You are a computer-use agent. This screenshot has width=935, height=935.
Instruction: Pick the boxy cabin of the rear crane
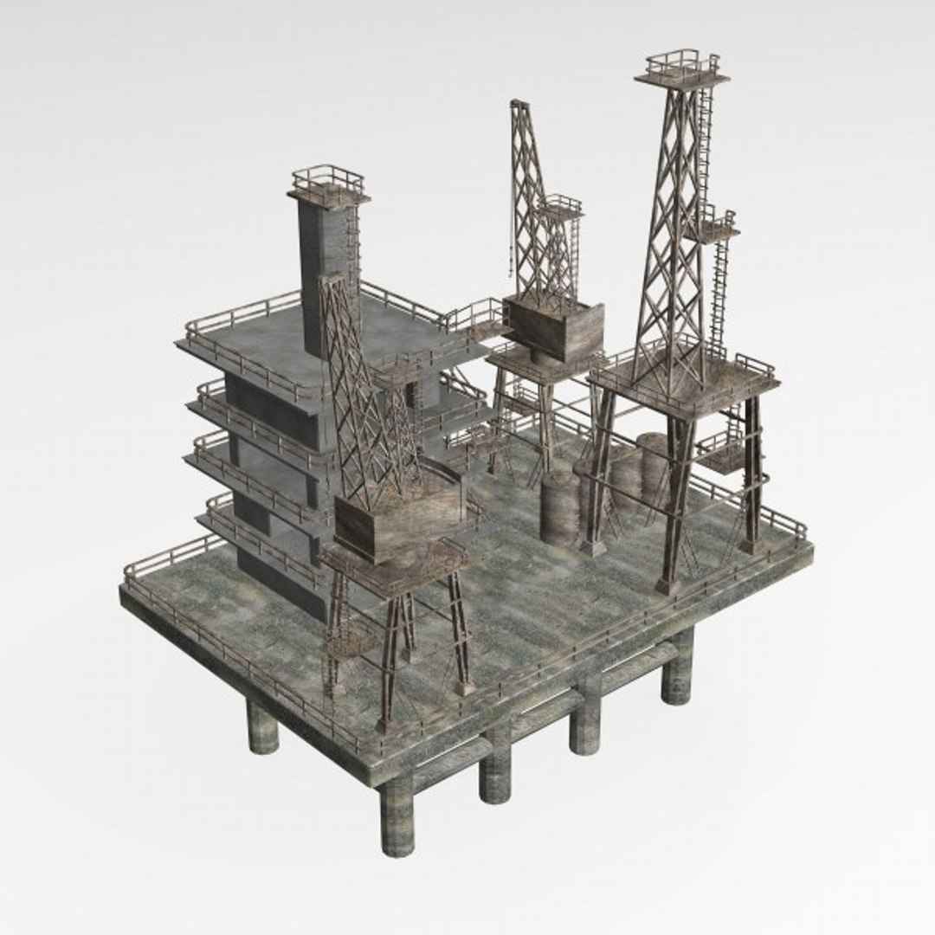point(555,327)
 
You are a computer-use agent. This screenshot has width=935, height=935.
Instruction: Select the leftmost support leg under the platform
point(262,727)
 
